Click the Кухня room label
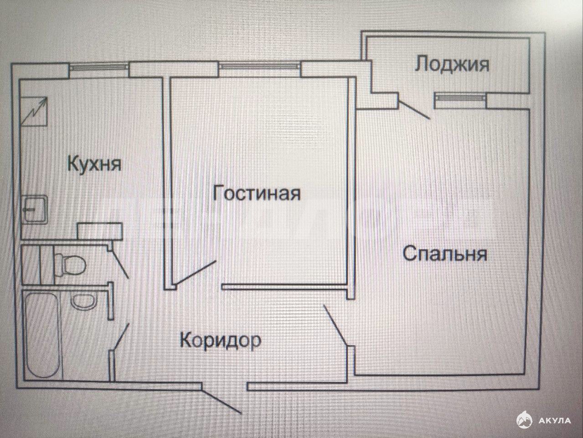[94, 163]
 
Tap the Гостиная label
[257, 193]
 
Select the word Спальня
[445, 254]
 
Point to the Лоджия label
[452, 64]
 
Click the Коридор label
[221, 340]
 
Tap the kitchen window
[99, 68]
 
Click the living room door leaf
[196, 272]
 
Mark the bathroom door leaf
[121, 337]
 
